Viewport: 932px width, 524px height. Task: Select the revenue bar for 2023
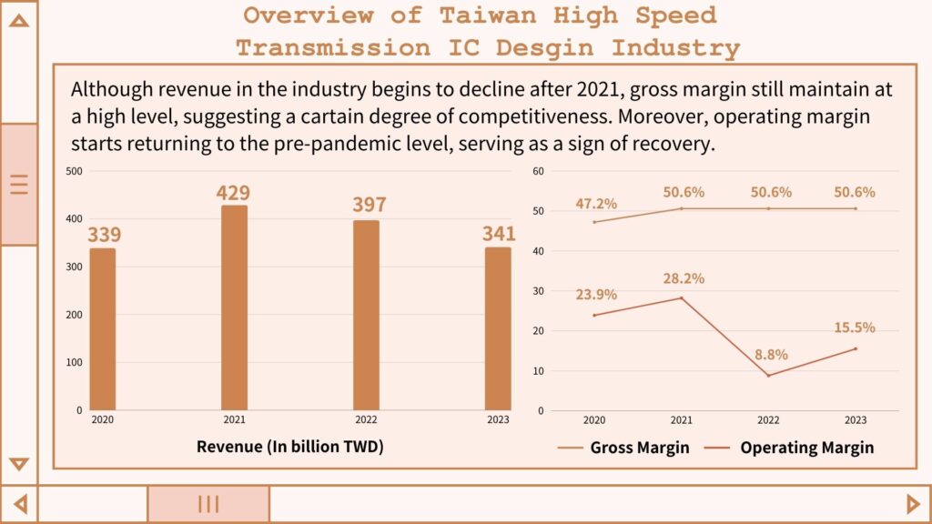(498, 328)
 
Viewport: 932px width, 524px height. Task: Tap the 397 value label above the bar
(370, 205)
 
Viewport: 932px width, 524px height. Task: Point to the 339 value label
(105, 236)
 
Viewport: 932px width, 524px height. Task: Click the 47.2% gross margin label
(596, 205)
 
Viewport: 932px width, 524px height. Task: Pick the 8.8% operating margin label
(770, 355)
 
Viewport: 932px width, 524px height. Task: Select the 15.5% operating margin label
(854, 327)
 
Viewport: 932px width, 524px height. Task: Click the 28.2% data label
(684, 279)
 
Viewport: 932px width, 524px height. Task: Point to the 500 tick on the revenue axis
(75, 171)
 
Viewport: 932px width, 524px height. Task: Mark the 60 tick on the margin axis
(538, 171)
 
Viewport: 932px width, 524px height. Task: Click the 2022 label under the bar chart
(365, 420)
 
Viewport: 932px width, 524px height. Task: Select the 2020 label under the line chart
(594, 420)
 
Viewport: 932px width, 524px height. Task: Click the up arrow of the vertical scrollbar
(18, 19)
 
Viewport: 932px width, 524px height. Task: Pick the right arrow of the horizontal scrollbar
(914, 503)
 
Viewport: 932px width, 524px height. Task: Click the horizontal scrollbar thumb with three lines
(208, 504)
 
